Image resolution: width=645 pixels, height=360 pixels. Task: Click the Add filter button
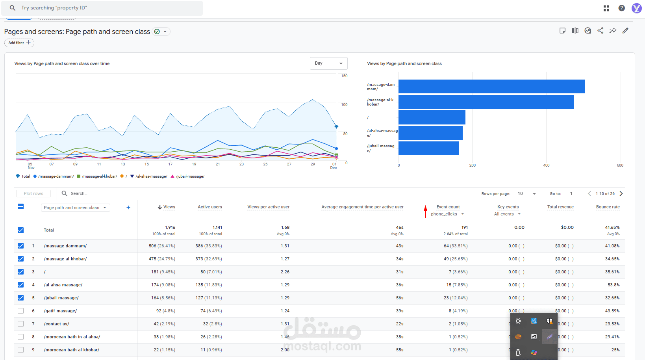(x=19, y=43)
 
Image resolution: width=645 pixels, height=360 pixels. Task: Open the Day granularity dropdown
(x=328, y=63)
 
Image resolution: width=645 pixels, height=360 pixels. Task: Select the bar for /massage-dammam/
(x=491, y=87)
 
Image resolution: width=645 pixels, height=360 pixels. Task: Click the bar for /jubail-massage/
(x=428, y=148)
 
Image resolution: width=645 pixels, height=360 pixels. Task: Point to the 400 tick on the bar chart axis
(x=546, y=165)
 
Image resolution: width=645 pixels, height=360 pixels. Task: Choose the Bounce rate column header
(x=608, y=207)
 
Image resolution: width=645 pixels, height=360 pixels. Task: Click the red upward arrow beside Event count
(x=425, y=211)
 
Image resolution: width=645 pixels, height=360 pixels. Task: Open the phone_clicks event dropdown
(x=447, y=214)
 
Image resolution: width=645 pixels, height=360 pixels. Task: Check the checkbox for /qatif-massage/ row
(x=21, y=311)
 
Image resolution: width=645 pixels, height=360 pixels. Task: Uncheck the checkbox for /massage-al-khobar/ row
(x=21, y=259)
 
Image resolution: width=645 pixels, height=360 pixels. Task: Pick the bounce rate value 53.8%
(x=613, y=285)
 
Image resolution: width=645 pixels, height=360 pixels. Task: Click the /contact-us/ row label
(x=56, y=324)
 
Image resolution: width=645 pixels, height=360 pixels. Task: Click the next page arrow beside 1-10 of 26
(x=621, y=193)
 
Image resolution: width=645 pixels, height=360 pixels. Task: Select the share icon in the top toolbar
(x=600, y=31)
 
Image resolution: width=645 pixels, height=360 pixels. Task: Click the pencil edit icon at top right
(x=625, y=31)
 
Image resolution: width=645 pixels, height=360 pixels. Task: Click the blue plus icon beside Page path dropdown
(x=128, y=208)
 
